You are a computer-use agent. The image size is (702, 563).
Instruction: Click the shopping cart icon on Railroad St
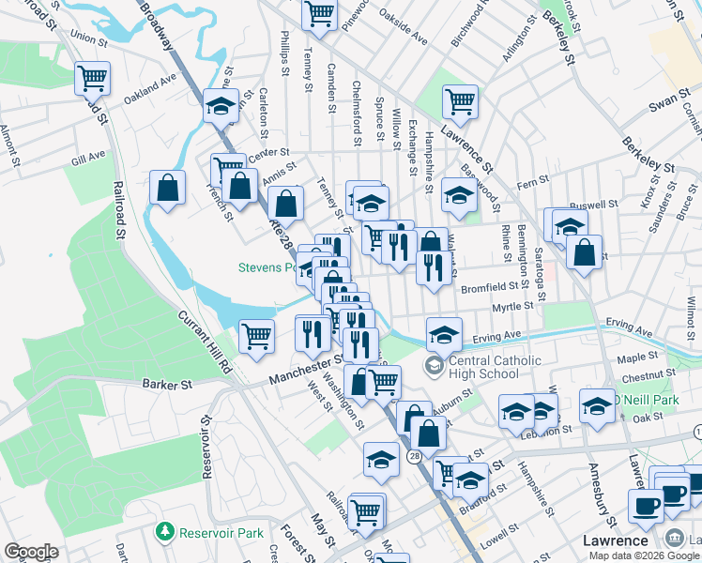(92, 78)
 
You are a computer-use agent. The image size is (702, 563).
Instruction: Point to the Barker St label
(167, 384)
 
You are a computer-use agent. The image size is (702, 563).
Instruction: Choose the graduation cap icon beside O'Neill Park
(596, 404)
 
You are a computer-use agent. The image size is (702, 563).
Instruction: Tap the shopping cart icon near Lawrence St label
(460, 101)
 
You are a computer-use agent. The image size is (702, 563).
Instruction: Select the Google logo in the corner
(31, 552)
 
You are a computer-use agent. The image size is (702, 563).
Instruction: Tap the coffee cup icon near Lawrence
(645, 507)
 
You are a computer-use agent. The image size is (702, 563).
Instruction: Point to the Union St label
(84, 39)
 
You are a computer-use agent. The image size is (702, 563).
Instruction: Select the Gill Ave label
(87, 160)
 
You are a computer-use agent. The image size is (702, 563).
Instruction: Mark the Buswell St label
(596, 203)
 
